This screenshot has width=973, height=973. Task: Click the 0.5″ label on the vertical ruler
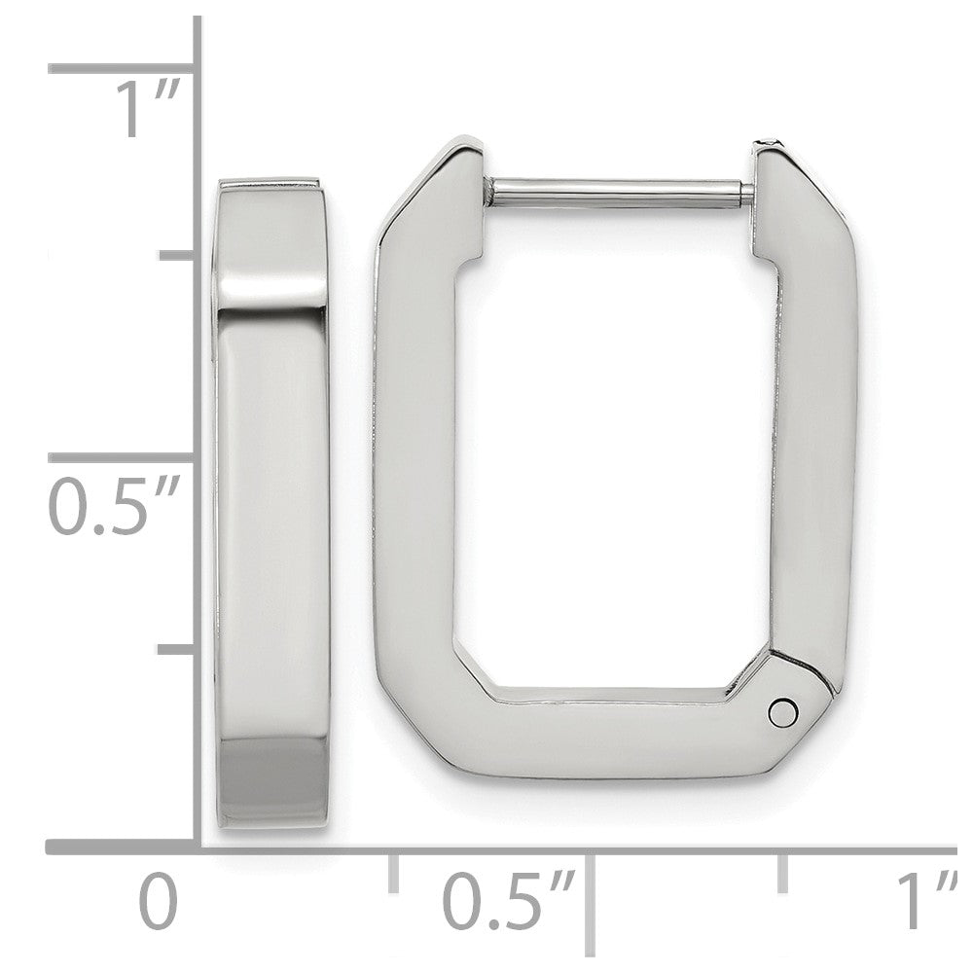point(114,504)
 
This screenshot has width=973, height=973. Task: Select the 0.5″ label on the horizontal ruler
point(509,900)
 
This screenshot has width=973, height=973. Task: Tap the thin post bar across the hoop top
point(621,191)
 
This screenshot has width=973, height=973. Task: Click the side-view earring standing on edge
point(270,504)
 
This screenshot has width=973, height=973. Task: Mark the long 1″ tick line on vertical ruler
point(121,68)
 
